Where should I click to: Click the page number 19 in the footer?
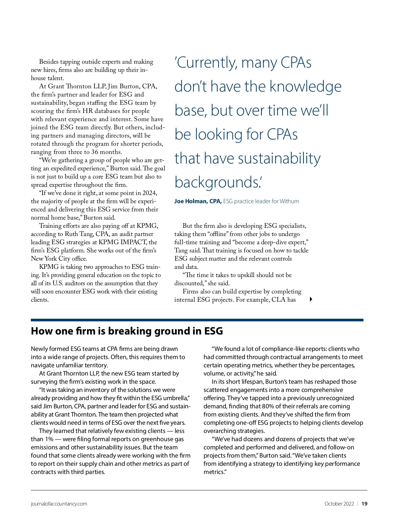(x=364, y=504)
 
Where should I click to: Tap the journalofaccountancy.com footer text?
(x=59, y=504)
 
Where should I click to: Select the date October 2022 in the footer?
(x=339, y=504)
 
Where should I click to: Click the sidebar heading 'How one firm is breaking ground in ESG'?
(x=127, y=331)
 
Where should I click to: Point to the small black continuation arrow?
(x=311, y=299)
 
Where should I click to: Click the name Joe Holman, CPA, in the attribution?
(x=198, y=201)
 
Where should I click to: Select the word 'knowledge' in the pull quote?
(x=305, y=86)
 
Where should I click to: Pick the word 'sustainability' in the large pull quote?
(x=279, y=158)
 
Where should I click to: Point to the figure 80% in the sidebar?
(x=268, y=406)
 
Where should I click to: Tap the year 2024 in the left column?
(x=150, y=193)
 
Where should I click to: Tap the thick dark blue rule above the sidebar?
(x=197, y=320)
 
